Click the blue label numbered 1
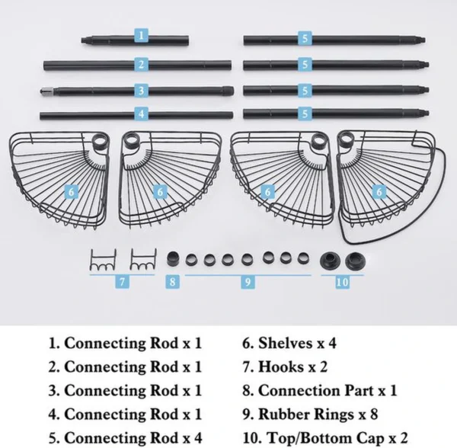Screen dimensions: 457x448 point(142,35)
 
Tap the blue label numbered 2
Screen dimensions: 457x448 point(142,64)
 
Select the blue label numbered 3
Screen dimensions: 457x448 point(142,91)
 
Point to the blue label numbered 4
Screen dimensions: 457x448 point(142,114)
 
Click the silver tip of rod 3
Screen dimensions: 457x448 point(46,91)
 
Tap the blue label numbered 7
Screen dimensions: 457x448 point(122,282)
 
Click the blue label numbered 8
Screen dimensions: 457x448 point(172,282)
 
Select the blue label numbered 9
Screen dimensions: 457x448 point(248,282)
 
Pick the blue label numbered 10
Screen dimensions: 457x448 point(343,282)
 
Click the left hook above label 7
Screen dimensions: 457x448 point(103,260)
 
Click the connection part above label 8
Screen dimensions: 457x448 point(173,259)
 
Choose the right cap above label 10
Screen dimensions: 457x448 point(355,261)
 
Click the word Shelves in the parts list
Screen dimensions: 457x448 point(282,343)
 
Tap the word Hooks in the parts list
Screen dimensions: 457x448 point(281,366)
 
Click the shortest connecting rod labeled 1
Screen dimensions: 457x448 point(135,40)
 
